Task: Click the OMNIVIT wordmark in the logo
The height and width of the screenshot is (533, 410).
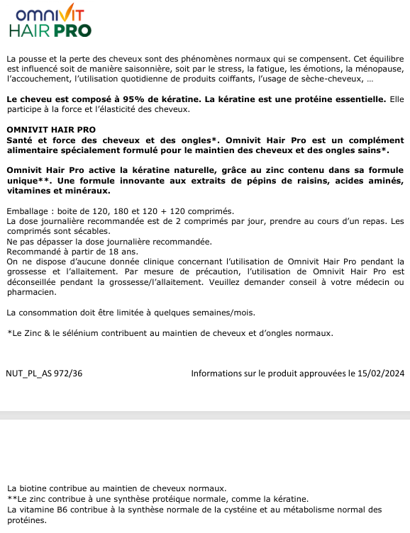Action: (49, 14)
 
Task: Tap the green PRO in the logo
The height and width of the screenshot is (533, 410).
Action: (73, 30)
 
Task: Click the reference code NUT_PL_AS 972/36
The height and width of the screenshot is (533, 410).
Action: (44, 374)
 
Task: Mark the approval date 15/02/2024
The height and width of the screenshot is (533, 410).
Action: (381, 374)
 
